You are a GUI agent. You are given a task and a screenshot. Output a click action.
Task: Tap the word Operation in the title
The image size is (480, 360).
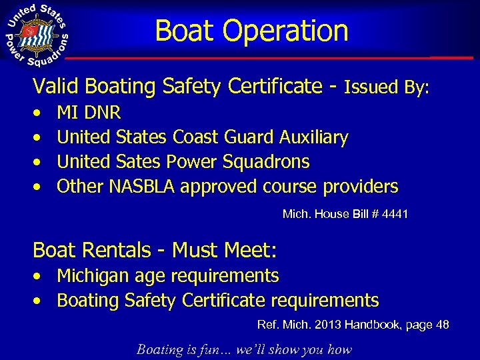point(286,31)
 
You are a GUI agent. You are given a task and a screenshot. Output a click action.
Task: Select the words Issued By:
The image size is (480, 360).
point(387,87)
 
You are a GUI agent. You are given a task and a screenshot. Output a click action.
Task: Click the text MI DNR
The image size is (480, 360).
point(89,113)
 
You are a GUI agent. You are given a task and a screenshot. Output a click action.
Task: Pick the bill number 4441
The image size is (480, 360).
point(394,215)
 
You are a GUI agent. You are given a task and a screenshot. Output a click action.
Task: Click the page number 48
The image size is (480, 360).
point(442,325)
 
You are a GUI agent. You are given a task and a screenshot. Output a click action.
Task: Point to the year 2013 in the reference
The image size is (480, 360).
point(335,325)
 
